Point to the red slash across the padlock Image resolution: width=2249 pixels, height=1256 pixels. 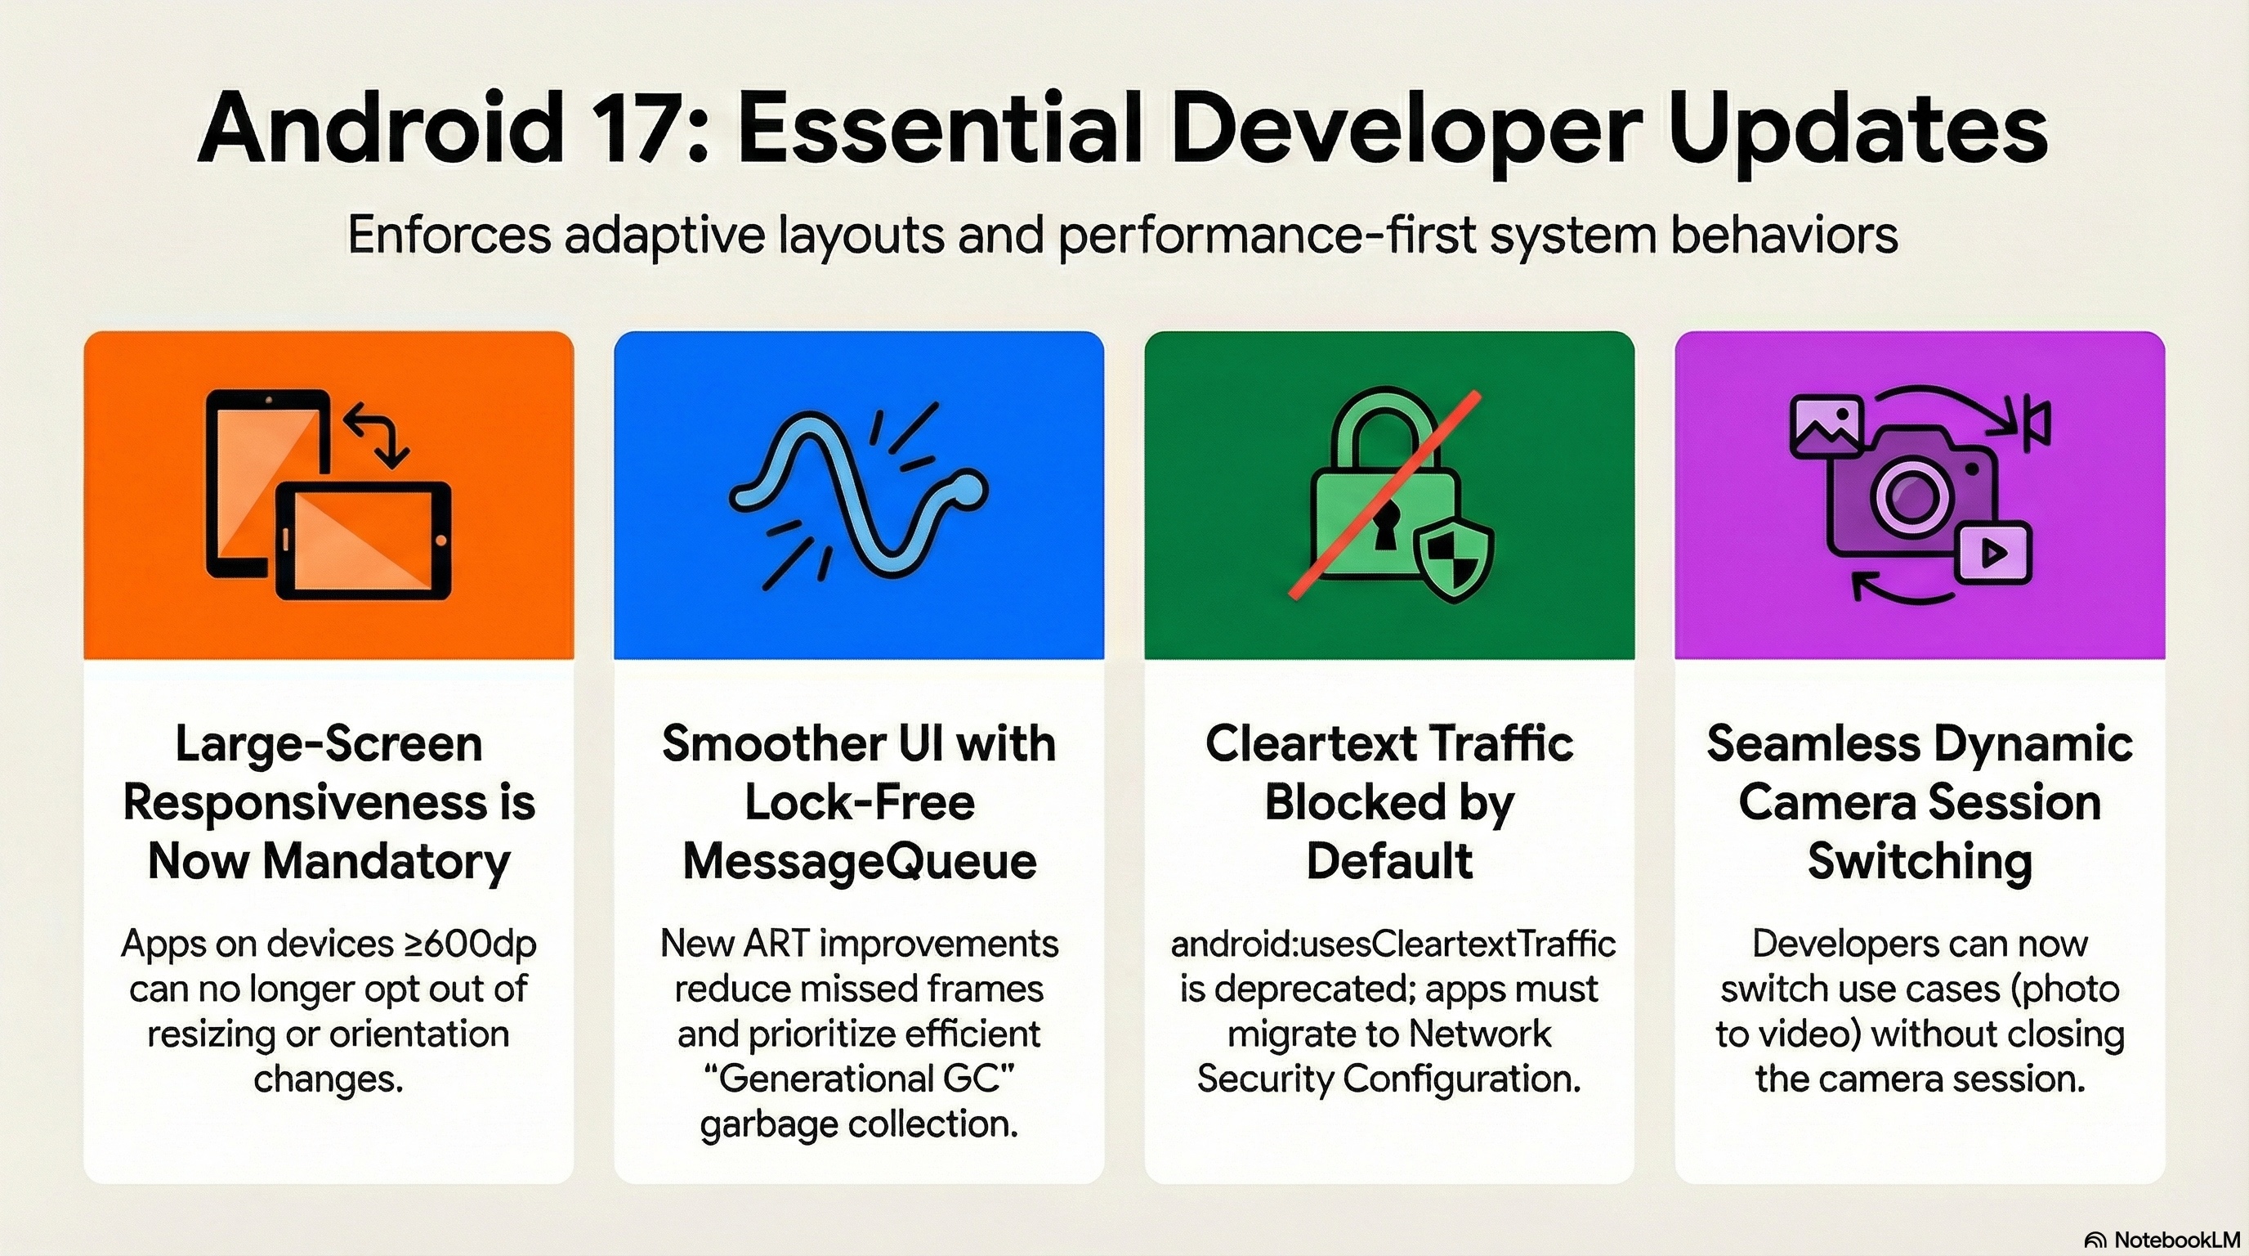(1384, 495)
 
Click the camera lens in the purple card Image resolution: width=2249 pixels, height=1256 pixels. (1911, 496)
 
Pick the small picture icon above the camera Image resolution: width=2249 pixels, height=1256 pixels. (1826, 425)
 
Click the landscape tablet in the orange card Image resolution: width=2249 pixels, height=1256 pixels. (364, 541)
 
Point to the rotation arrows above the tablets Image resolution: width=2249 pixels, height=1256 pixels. (376, 434)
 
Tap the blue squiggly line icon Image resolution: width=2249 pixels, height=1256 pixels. (858, 496)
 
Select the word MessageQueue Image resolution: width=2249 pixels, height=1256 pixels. (859, 862)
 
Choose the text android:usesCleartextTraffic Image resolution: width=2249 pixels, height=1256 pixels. (1393, 944)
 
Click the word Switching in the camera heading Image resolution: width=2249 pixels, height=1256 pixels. (1920, 862)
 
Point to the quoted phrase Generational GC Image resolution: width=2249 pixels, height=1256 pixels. (859, 1079)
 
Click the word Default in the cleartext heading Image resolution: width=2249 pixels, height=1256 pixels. (1389, 861)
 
